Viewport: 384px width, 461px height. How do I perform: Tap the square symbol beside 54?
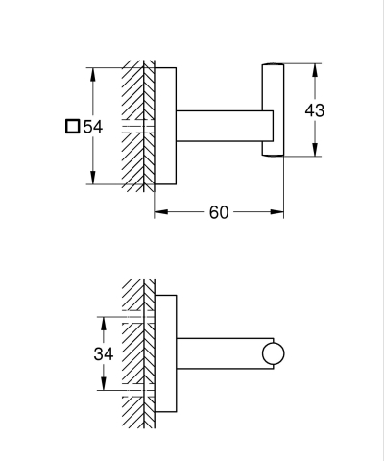pyautogui.click(x=73, y=126)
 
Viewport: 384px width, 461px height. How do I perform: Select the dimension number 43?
pyautogui.click(x=314, y=109)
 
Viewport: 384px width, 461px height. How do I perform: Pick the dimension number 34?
pyautogui.click(x=104, y=354)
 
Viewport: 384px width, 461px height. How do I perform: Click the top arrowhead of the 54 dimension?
pyautogui.click(x=92, y=70)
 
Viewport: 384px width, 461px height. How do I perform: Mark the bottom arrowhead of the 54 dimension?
pyautogui.click(x=92, y=180)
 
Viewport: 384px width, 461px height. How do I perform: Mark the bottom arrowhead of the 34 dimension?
pyautogui.click(x=104, y=387)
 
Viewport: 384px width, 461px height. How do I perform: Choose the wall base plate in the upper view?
pyautogui.click(x=165, y=126)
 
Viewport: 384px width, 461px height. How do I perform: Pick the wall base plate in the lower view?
pyautogui.click(x=165, y=354)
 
